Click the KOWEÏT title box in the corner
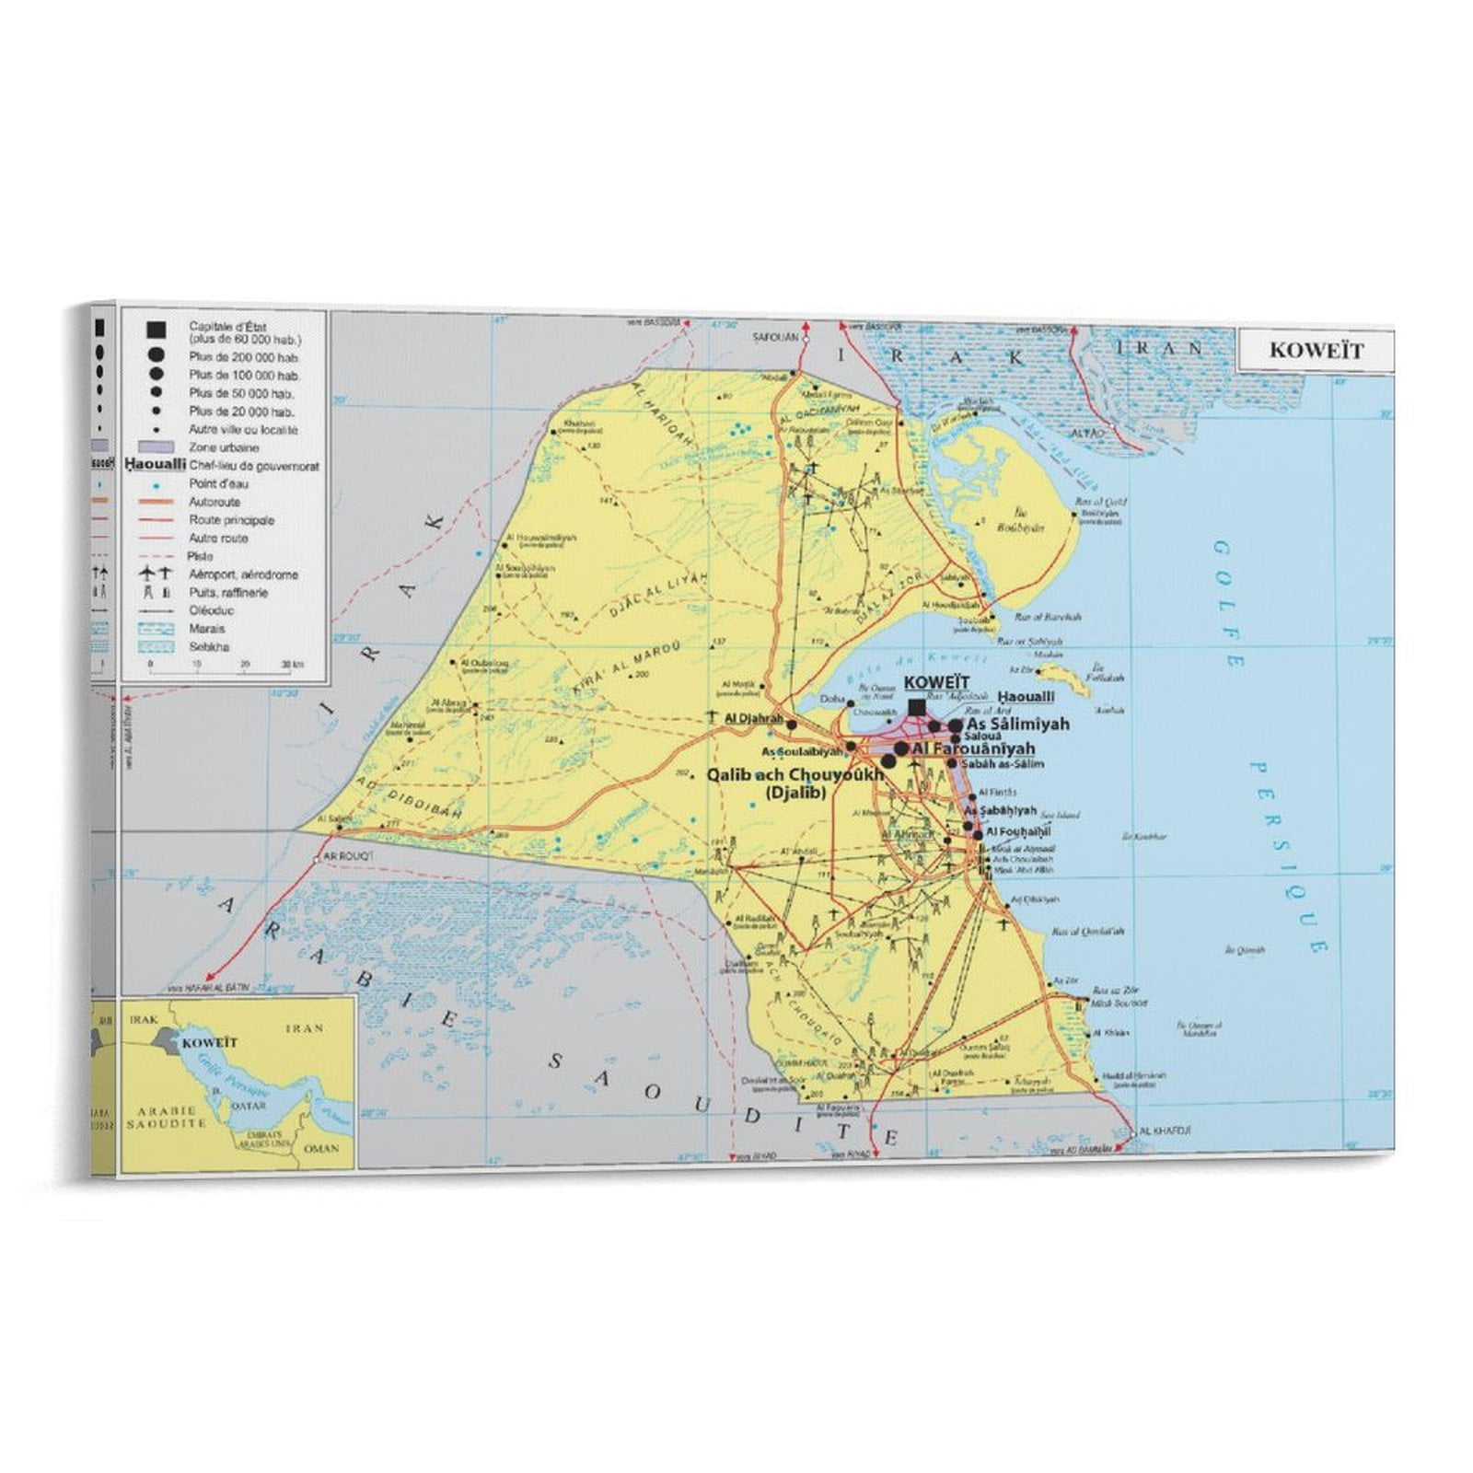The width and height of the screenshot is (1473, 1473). pos(1316,351)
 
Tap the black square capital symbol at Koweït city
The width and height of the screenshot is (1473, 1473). pos(917,707)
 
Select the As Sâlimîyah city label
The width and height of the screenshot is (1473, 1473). pos(1017,725)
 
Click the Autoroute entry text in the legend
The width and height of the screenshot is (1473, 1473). pos(215,502)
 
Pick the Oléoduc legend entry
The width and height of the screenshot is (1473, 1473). pos(212,610)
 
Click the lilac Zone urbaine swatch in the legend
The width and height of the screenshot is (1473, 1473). pos(156,447)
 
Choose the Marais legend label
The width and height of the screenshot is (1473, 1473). pos(206,629)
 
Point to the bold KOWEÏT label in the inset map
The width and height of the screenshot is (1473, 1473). pos(209,1043)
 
